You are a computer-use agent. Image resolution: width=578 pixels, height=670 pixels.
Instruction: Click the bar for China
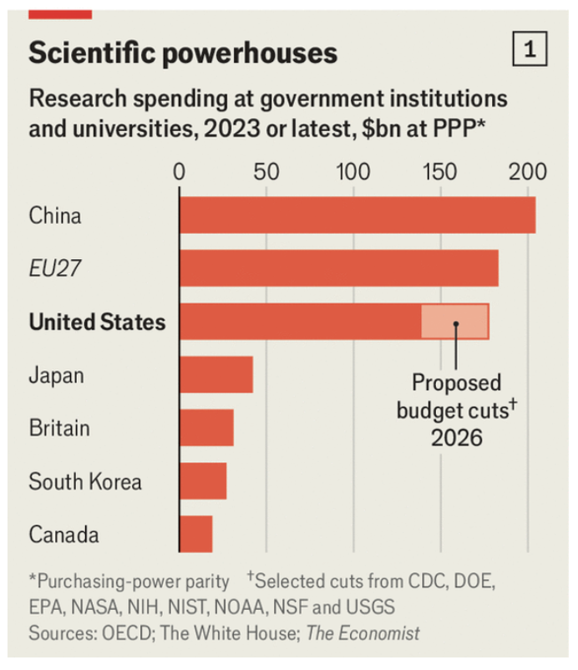(357, 215)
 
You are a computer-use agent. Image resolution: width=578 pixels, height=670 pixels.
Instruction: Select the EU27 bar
(339, 268)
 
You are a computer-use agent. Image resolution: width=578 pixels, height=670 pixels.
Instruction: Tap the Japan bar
(216, 374)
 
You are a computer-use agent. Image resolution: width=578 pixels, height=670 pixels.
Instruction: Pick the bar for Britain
(207, 428)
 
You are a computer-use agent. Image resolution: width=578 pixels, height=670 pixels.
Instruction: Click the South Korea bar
(203, 480)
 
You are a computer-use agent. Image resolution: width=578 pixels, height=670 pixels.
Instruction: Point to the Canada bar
(196, 534)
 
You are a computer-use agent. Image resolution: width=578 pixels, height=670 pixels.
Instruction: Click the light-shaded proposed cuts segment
(455, 322)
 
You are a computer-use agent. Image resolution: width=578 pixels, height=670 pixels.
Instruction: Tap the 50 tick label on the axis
(266, 172)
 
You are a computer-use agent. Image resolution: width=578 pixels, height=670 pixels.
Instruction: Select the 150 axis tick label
(440, 172)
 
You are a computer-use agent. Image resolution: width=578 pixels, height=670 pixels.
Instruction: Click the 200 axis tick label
(528, 172)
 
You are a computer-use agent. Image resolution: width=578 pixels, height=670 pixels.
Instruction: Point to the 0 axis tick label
(179, 172)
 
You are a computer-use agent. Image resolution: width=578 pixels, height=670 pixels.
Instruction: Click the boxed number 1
(530, 48)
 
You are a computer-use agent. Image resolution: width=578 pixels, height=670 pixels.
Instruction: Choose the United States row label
(98, 322)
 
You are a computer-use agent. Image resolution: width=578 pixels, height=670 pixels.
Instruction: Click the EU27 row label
(54, 268)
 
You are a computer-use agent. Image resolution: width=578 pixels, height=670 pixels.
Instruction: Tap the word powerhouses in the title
(250, 53)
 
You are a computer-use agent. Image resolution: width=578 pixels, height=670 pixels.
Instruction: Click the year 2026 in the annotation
(457, 438)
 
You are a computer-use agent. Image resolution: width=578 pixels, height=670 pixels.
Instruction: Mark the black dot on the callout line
(456, 324)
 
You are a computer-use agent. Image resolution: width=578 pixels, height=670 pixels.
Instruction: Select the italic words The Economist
(363, 633)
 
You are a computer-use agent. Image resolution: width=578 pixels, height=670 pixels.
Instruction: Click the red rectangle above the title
(60, 14)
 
